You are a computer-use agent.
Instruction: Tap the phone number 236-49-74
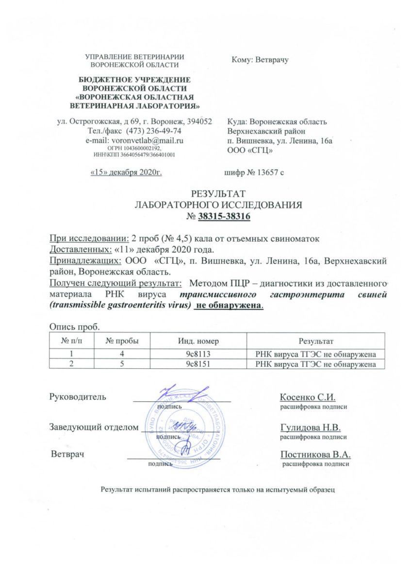[163, 131]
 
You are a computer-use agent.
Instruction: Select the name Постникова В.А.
[315, 454]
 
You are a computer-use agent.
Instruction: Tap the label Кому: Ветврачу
[260, 60]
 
